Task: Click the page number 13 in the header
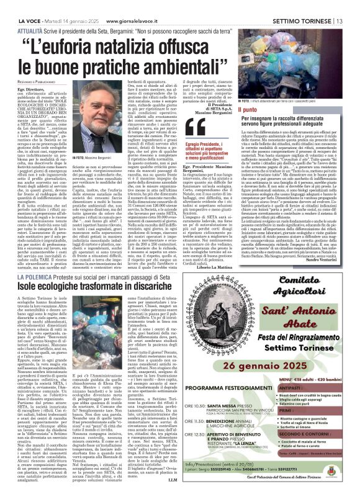350,7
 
